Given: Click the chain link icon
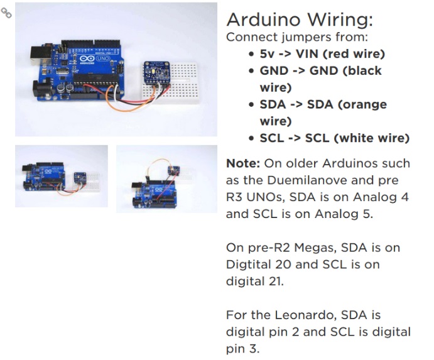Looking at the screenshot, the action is pos(6,13).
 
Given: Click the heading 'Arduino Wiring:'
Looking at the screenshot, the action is pos(300,19).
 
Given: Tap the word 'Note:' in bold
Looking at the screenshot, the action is pos(243,163).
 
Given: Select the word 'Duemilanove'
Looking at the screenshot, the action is pos(305,180).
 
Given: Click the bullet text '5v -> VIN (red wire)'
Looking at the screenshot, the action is pos(322,54).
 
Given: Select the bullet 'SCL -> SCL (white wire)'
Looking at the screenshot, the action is pos(334,138).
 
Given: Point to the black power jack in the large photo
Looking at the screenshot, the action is pos(42,89).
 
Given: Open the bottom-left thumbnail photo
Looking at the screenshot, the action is pos(62,176).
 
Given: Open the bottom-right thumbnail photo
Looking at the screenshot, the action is pos(166,179).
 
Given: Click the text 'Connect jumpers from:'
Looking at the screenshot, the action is pos(297,38).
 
